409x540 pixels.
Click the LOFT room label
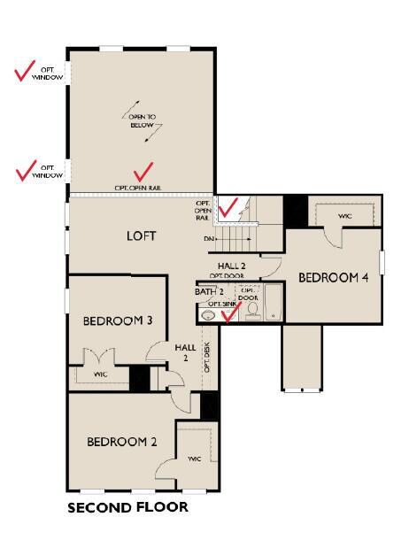point(141,236)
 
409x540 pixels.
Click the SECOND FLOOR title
point(127,507)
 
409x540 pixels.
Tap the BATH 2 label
point(209,291)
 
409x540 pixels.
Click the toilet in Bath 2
point(250,312)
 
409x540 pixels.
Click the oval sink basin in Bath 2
point(208,314)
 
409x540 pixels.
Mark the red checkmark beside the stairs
point(229,207)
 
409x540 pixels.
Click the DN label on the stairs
point(209,239)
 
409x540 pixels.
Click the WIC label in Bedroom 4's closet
point(346,215)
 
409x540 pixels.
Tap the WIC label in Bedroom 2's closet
point(194,459)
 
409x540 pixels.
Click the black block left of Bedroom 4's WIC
point(295,212)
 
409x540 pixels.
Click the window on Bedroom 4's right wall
point(382,263)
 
